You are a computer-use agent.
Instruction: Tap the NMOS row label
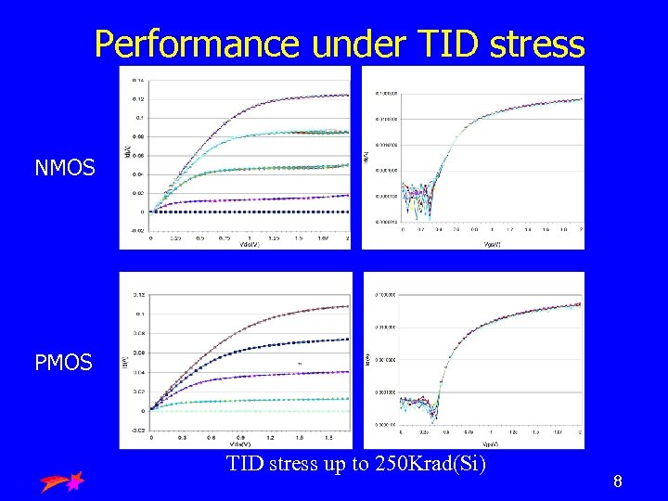point(63,168)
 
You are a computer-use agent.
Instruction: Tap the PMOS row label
point(63,362)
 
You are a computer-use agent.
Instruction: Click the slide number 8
point(617,482)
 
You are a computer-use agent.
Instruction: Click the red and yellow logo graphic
point(62,481)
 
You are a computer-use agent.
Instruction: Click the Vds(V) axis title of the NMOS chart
point(249,244)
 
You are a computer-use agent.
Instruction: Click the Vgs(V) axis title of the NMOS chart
point(492,245)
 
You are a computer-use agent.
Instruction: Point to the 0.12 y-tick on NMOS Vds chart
point(138,98)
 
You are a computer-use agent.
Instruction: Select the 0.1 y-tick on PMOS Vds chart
point(138,314)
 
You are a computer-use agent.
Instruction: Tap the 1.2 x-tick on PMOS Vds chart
point(270,436)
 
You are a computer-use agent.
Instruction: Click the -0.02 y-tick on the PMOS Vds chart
point(137,429)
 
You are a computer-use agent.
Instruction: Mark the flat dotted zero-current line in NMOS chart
point(250,212)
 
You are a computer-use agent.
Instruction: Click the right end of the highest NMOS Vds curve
point(347,95)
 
